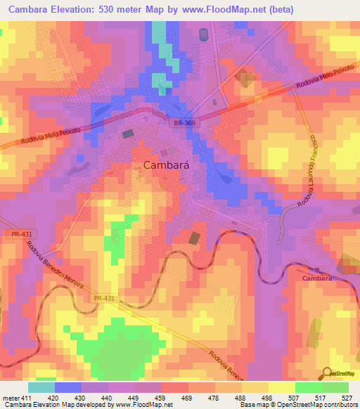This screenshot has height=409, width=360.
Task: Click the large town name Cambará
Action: pos(169,165)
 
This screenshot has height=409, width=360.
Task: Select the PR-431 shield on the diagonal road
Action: pos(103,299)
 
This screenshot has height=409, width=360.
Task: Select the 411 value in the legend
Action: pos(23,397)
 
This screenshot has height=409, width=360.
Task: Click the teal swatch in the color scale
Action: pos(41,387)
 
